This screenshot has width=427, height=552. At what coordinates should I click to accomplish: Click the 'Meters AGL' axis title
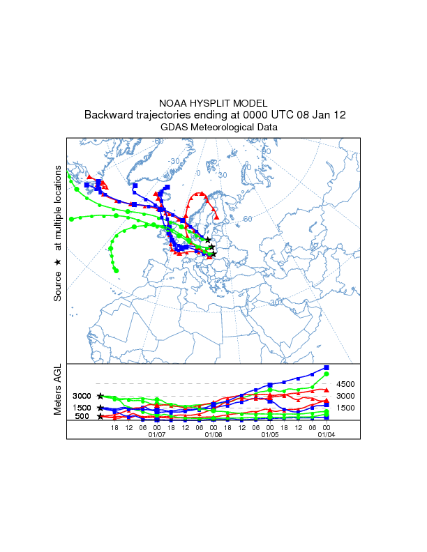[58, 389]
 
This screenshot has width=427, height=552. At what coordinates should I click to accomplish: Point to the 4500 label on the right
[346, 384]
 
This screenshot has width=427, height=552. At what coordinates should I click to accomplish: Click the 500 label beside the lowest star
[82, 417]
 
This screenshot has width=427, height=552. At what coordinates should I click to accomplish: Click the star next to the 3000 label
[100, 396]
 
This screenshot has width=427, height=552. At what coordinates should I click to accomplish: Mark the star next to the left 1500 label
[100, 408]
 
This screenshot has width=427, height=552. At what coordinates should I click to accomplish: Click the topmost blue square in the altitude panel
[327, 367]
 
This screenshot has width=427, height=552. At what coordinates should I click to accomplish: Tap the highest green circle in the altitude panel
[327, 374]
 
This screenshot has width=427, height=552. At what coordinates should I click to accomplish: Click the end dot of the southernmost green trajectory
[117, 270]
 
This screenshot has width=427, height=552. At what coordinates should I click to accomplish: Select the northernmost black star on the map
[208, 240]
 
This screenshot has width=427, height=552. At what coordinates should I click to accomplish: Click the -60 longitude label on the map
[159, 141]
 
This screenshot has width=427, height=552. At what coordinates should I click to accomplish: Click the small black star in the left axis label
[58, 262]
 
